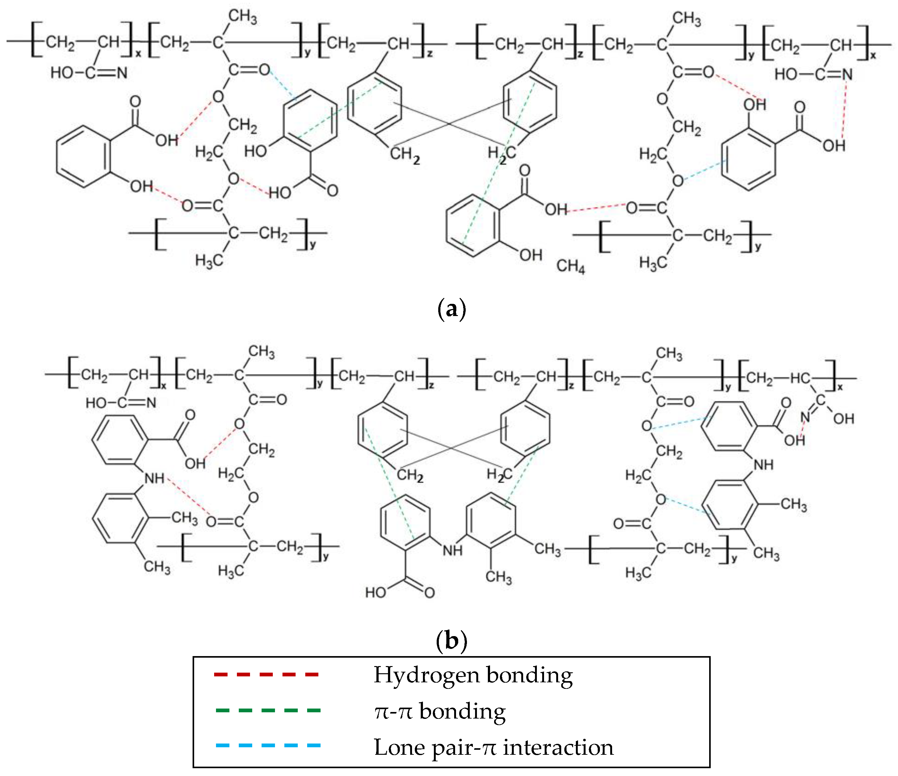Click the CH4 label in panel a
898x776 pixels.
click(570, 266)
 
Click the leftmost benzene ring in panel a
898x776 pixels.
click(83, 157)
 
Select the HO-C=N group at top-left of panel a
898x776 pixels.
click(89, 72)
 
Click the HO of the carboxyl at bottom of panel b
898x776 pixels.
click(375, 592)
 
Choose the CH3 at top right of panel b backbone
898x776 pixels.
click(669, 354)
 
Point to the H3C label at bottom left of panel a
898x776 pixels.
click(209, 260)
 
